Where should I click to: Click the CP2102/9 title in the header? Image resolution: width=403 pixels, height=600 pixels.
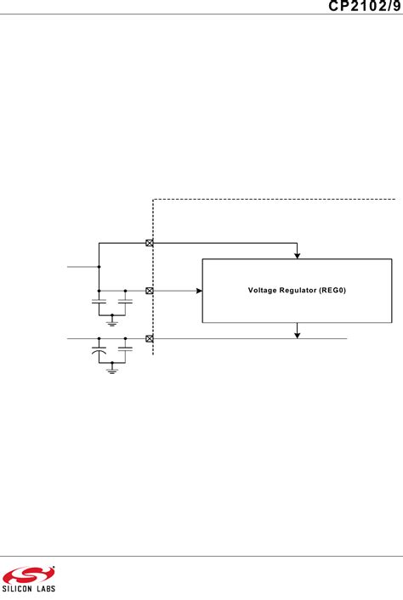pyautogui.click(x=360, y=7)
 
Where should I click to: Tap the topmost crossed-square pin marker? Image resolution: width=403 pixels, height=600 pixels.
pyautogui.click(x=150, y=243)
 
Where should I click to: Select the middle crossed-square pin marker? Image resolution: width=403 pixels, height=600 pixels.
pyautogui.click(x=150, y=291)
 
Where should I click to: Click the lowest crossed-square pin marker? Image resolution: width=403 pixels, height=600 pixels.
pyautogui.click(x=150, y=338)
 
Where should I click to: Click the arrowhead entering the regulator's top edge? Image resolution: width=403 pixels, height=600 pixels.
pyautogui.click(x=297, y=253)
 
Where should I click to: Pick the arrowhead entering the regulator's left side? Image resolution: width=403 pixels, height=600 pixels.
pyautogui.click(x=198, y=291)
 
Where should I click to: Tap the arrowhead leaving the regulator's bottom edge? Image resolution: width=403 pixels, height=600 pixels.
pyautogui.click(x=297, y=334)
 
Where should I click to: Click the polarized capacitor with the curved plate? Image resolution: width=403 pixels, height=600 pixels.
pyautogui.click(x=99, y=349)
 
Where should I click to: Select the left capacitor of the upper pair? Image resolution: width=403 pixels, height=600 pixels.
pyautogui.click(x=99, y=302)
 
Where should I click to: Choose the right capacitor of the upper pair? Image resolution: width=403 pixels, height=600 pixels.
pyautogui.click(x=125, y=302)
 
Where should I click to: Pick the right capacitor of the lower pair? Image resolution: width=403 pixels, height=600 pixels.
pyautogui.click(x=125, y=349)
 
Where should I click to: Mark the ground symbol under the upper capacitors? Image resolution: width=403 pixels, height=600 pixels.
pyautogui.click(x=112, y=322)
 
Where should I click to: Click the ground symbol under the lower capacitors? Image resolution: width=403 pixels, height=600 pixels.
pyautogui.click(x=112, y=370)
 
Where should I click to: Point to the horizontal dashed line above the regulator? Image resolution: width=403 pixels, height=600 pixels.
pyautogui.click(x=272, y=200)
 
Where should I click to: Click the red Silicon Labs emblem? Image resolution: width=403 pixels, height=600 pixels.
pyautogui.click(x=28, y=574)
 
